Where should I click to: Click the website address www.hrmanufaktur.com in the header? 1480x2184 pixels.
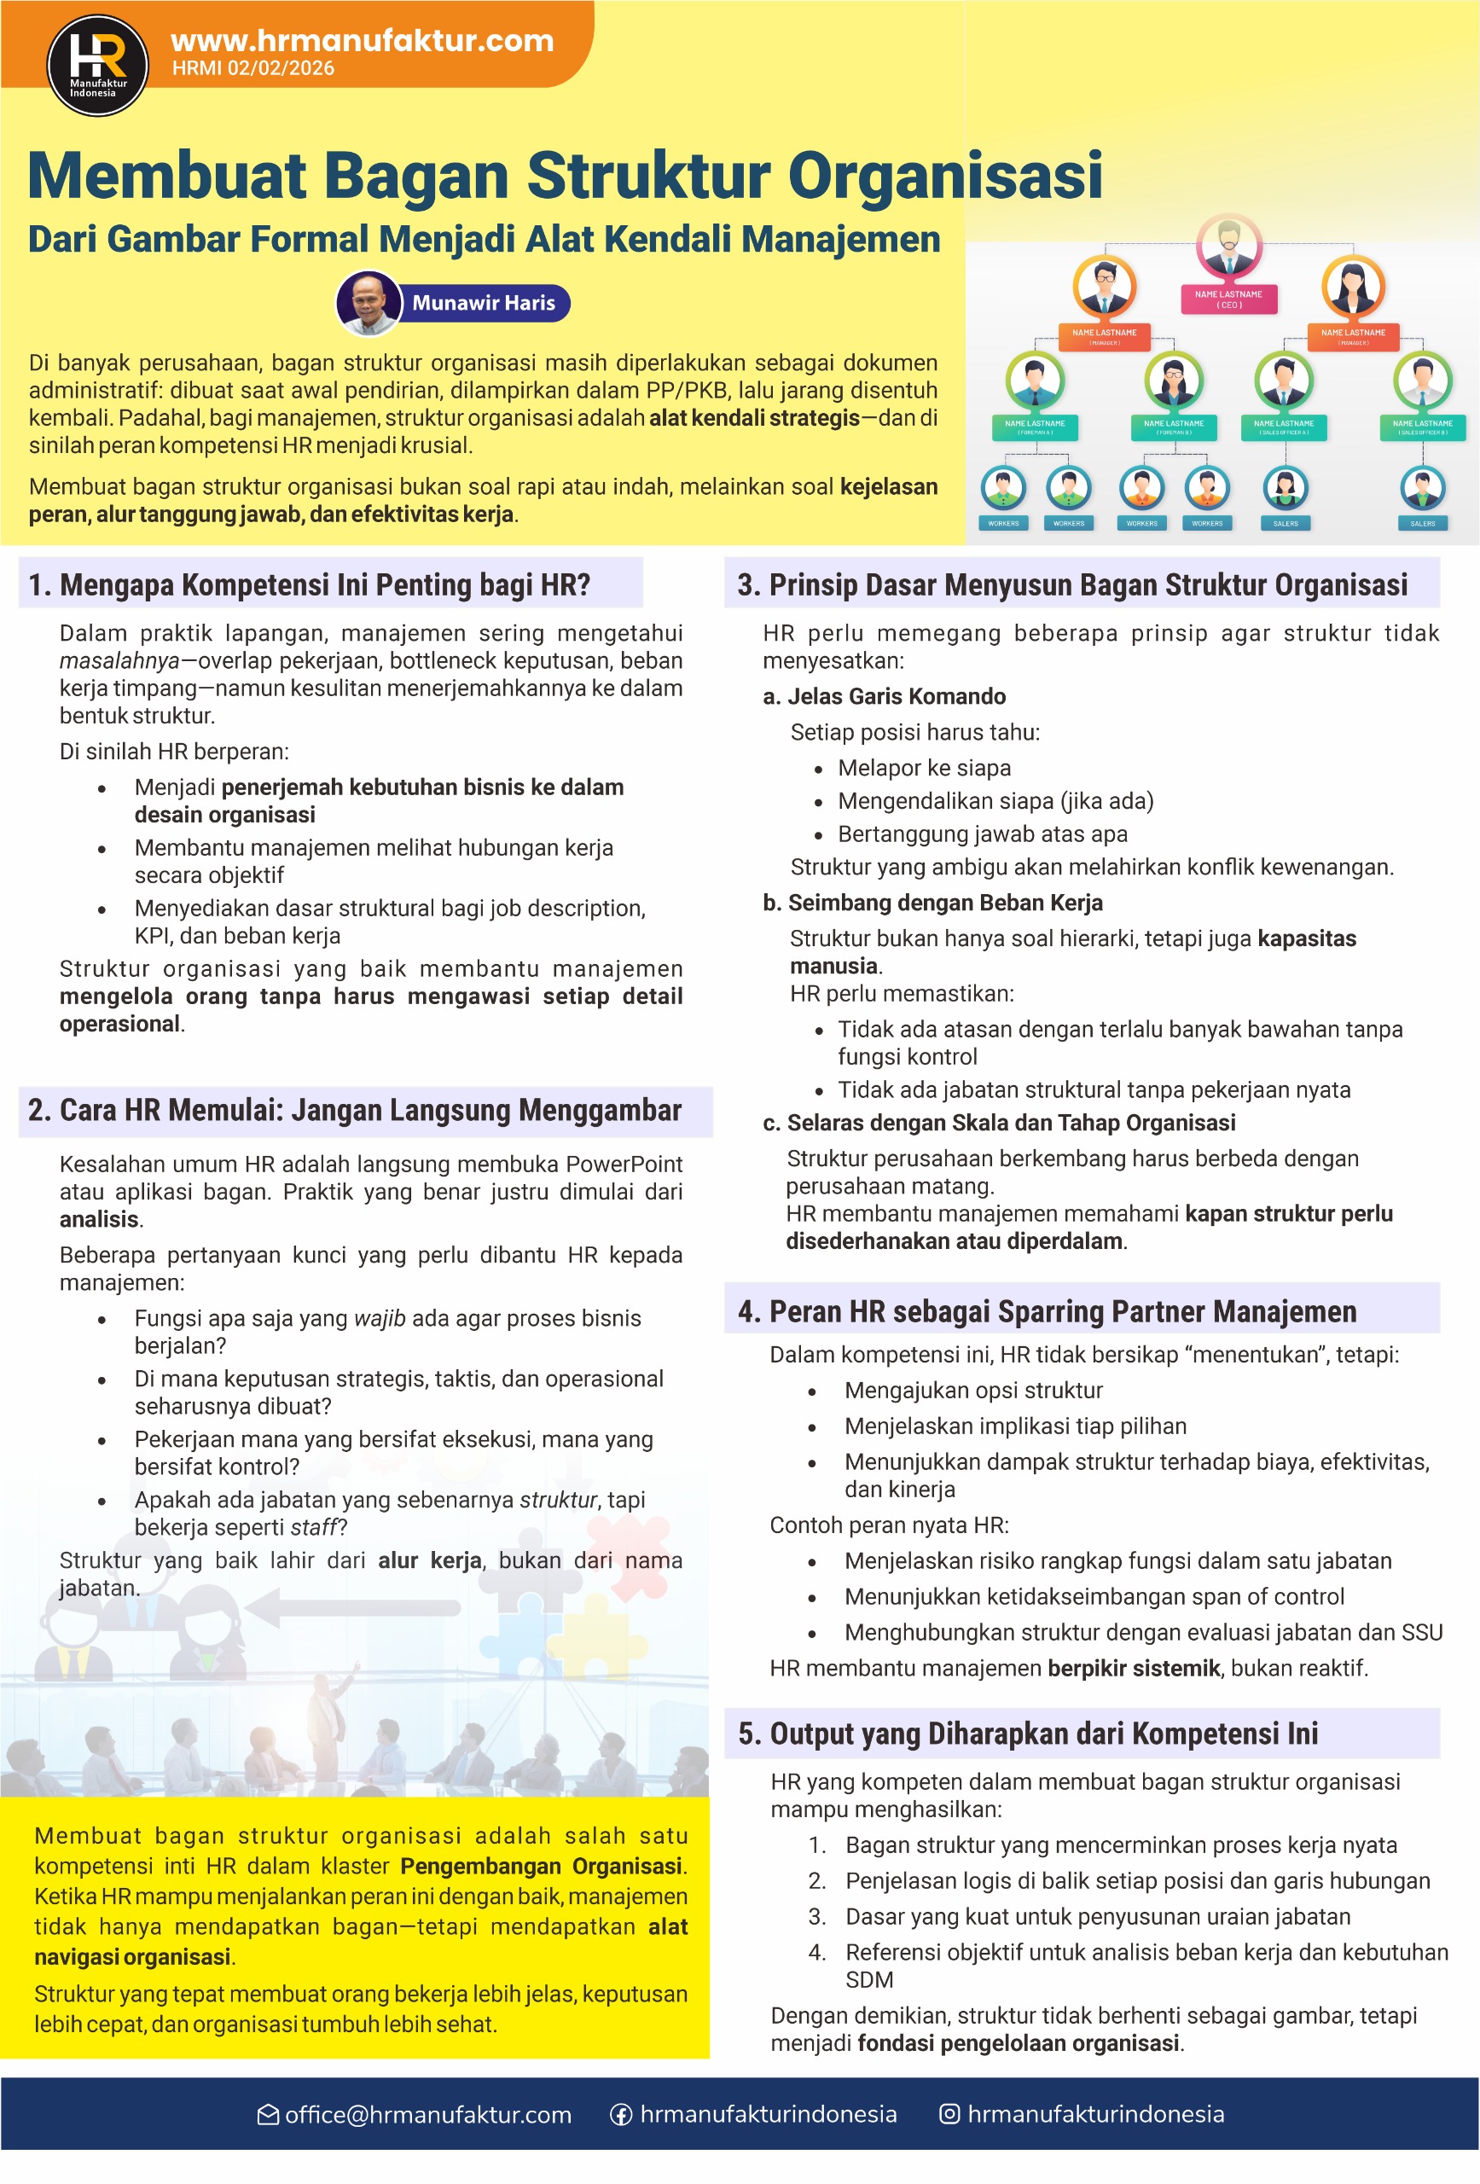point(362,40)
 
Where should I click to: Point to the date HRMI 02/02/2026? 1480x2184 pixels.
point(252,68)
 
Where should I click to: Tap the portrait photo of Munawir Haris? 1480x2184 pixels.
point(369,303)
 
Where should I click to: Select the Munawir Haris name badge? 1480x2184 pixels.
point(483,303)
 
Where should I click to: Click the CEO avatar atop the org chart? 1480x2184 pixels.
point(1228,244)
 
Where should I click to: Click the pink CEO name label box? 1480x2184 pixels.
point(1228,299)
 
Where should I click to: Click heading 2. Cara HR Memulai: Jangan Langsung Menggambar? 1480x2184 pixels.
point(354,1110)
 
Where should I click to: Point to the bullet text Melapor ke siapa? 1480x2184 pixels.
point(924,768)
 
